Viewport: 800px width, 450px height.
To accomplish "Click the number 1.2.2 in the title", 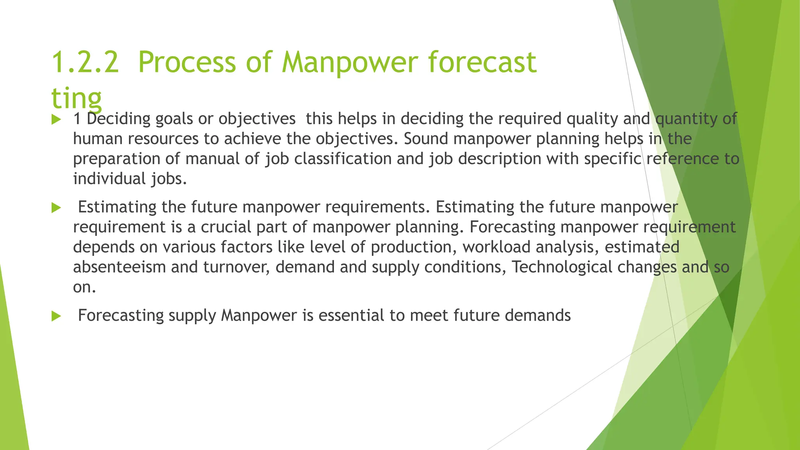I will [x=85, y=62].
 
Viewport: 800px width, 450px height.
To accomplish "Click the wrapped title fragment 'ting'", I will [x=77, y=98].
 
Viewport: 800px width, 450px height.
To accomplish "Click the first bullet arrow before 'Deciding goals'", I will [x=56, y=120].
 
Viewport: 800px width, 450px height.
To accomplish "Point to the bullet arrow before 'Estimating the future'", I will [x=56, y=208].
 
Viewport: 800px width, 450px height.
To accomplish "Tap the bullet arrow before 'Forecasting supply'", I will [x=56, y=316].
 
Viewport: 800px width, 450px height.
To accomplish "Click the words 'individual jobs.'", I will [x=130, y=179].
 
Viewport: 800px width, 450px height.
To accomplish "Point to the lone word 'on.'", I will [x=84, y=287].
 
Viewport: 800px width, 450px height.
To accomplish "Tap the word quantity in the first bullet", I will [x=686, y=119].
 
